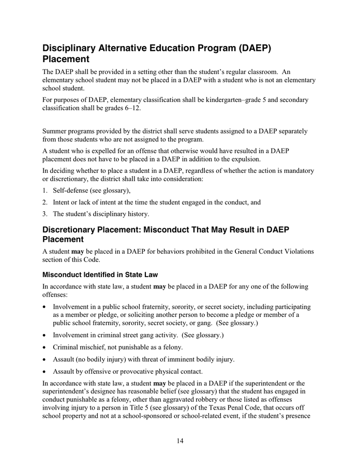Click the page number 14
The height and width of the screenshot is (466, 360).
pyautogui.click(x=179, y=441)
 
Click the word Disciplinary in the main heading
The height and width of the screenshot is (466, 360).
pyautogui.click(x=76, y=49)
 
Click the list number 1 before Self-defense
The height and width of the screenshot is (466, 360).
pyautogui.click(x=45, y=191)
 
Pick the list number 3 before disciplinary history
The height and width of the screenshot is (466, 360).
pyautogui.click(x=45, y=213)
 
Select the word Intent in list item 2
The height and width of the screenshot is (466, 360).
pyautogui.click(x=63, y=202)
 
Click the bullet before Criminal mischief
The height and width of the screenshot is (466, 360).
pyautogui.click(x=46, y=347)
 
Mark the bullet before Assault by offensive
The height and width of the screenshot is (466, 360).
pyautogui.click(x=46, y=371)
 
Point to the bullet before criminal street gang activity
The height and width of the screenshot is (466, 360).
pyautogui.click(x=46, y=335)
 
